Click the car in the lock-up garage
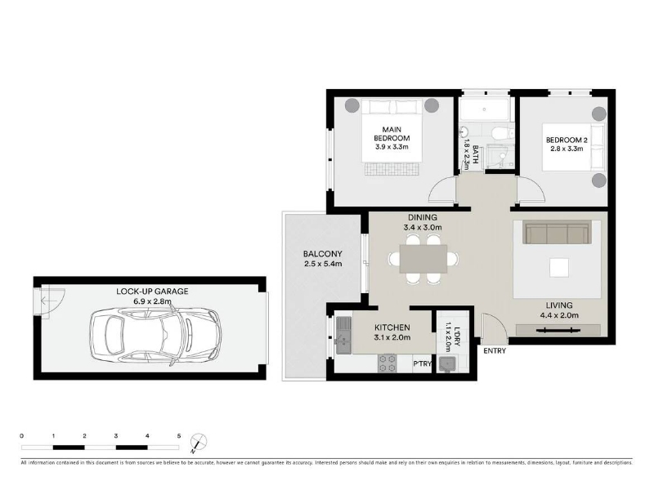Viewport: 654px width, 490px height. [x=155, y=336]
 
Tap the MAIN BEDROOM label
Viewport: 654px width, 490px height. [x=392, y=134]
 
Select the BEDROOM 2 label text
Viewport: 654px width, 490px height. [x=564, y=140]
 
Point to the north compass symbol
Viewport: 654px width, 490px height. [x=199, y=442]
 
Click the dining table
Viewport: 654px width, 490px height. [x=423, y=259]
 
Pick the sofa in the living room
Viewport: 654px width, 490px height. [x=557, y=234]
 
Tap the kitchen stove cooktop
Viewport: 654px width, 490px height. [x=387, y=363]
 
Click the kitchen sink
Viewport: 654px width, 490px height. [x=344, y=336]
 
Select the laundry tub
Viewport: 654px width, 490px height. [x=447, y=363]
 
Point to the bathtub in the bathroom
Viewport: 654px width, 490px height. [x=484, y=110]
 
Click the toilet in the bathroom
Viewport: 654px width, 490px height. [x=502, y=133]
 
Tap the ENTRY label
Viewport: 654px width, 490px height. [x=495, y=351]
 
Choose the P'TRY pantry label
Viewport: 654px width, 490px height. [x=422, y=363]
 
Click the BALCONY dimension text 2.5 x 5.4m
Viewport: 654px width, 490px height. [x=323, y=264]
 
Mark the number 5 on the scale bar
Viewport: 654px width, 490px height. [x=179, y=436]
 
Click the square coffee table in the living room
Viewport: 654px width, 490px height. [x=559, y=268]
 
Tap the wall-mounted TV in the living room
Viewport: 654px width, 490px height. [x=558, y=330]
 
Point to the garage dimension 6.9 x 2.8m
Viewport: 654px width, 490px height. [x=152, y=301]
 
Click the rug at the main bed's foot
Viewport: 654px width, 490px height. [x=392, y=169]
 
